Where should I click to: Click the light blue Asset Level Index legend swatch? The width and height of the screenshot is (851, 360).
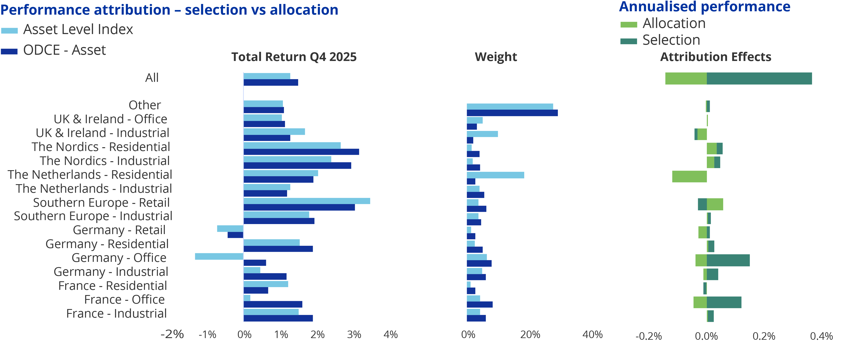[x=9, y=31]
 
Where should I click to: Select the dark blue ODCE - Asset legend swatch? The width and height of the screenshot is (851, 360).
[x=9, y=51]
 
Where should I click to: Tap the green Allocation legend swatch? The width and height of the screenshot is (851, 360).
[x=629, y=24]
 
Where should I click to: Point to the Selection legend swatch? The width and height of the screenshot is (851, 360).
[x=629, y=41]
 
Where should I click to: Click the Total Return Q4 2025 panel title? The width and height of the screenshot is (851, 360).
[x=294, y=57]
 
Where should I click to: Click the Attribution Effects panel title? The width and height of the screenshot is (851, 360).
[x=716, y=57]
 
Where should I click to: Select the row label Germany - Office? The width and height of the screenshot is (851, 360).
[x=119, y=258]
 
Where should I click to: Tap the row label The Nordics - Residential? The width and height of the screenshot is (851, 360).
[x=101, y=147]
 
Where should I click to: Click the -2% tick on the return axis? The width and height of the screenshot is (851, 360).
[x=172, y=334]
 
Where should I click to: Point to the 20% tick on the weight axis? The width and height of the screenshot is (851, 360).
[x=530, y=335]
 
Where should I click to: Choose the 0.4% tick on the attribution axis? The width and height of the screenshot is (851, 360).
[x=821, y=336]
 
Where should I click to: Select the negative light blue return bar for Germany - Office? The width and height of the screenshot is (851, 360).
[x=219, y=256]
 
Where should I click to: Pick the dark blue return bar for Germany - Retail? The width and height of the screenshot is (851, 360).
[x=235, y=235]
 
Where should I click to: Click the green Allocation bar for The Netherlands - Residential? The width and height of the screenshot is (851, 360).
[x=689, y=176]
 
